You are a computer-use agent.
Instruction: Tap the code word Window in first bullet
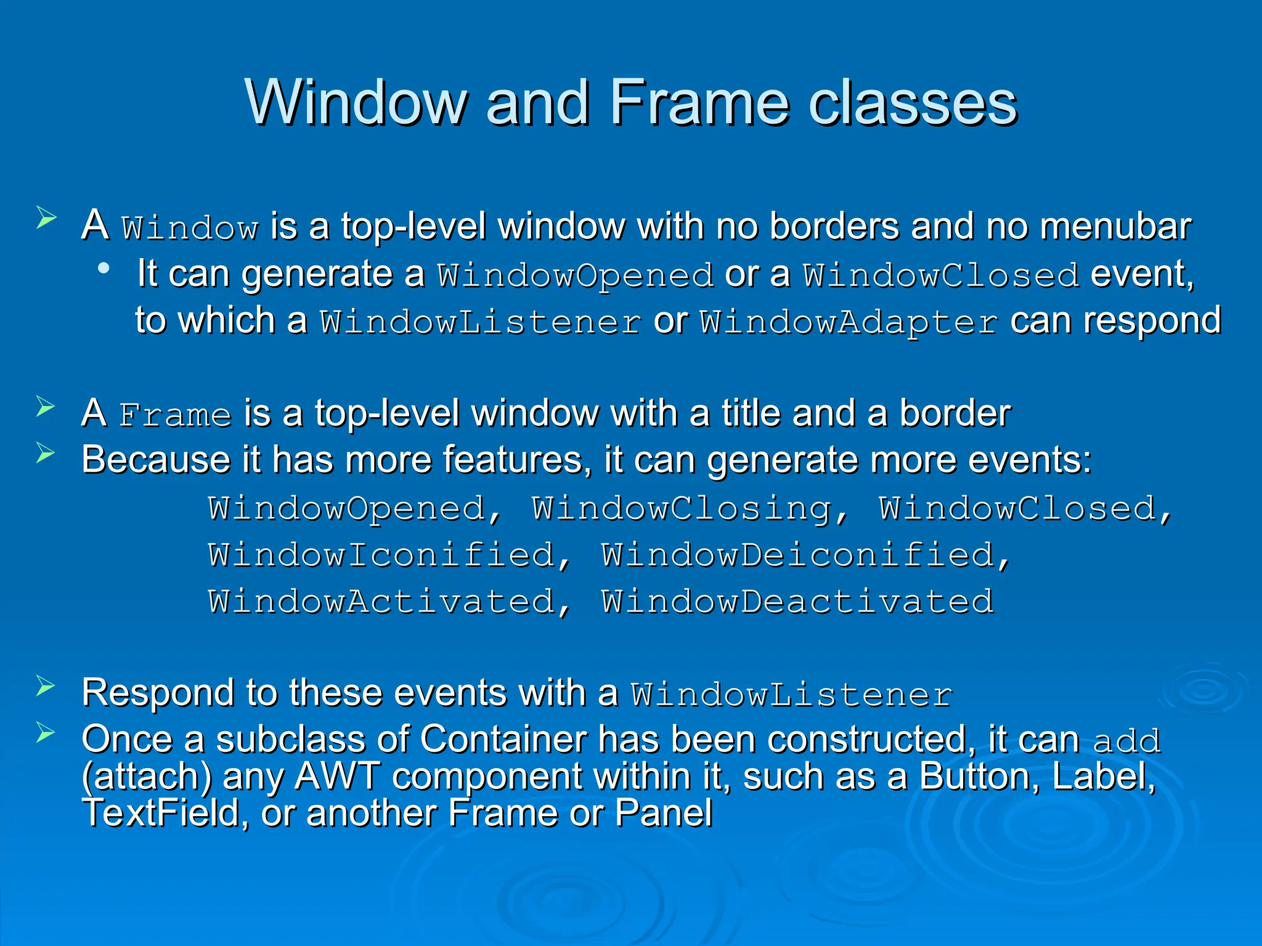(190, 228)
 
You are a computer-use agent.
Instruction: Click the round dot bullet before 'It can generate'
(104, 269)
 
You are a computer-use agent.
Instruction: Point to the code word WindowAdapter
(849, 322)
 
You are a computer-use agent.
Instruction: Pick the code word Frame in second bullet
(175, 414)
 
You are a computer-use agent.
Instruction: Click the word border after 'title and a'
(955, 413)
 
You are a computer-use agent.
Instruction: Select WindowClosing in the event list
(682, 509)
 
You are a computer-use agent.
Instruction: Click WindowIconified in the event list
(381, 555)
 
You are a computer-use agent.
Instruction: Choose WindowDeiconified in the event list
(798, 555)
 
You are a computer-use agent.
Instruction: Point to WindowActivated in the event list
(381, 602)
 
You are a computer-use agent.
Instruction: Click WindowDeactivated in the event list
(797, 602)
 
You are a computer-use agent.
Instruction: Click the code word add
(1126, 741)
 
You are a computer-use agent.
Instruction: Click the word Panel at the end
(664, 813)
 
